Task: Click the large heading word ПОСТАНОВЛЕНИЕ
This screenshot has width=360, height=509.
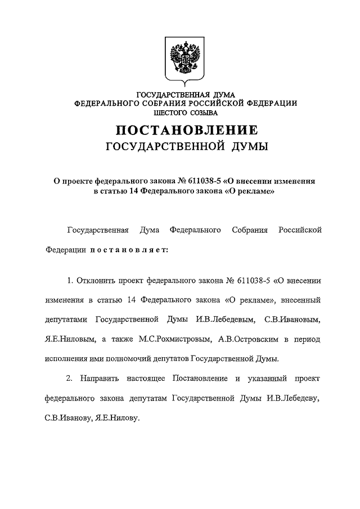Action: pos(187,130)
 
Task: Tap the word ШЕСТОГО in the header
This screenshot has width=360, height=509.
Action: pos(166,111)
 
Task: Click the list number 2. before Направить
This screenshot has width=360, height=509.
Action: pos(70,378)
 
